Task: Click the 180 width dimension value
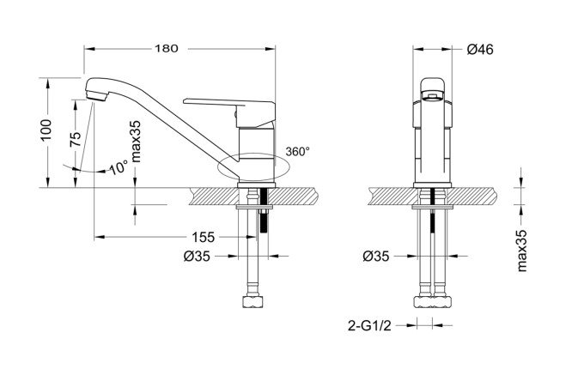tap(167, 49)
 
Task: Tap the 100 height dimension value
tap(46, 130)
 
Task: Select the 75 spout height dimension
tap(76, 139)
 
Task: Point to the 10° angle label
tap(119, 167)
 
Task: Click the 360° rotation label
tap(298, 152)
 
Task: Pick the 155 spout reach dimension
tap(204, 238)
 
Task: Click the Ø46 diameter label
tap(480, 49)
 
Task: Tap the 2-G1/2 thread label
tap(369, 325)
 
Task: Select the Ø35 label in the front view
tap(197, 257)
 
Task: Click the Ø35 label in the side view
tap(376, 257)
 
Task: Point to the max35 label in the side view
tap(522, 251)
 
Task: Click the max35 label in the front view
tap(136, 142)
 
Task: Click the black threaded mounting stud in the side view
tap(432, 211)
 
